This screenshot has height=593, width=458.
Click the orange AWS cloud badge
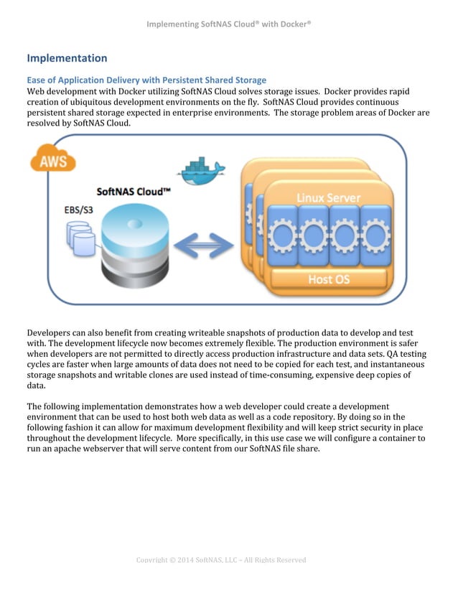(x=53, y=160)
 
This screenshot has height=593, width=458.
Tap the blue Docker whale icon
(x=201, y=171)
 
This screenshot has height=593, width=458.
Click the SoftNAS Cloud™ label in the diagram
(x=134, y=192)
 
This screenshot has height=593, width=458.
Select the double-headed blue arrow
(x=207, y=246)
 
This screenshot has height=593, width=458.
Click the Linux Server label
(x=329, y=197)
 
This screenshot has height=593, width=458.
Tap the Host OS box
(x=329, y=278)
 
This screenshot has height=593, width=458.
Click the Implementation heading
(x=67, y=58)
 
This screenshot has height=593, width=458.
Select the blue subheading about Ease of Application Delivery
(x=146, y=80)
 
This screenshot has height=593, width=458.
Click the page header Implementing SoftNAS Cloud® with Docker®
(x=228, y=24)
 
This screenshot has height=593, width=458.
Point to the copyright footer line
(x=221, y=560)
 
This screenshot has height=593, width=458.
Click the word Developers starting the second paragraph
(x=51, y=333)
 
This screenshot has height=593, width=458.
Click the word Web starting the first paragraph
(x=37, y=92)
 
